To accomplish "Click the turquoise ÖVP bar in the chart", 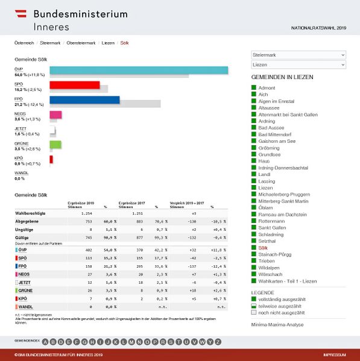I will pos(139,71).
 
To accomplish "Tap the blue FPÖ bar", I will pos(84,99).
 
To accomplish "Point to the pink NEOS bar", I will pos(55,115).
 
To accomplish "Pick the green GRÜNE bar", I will pos(55,144).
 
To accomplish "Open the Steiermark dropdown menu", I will pos(298,55).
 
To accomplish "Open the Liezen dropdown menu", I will pos(298,64).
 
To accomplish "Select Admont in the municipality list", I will pos(267,88).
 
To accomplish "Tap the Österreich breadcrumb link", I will pos(24,43).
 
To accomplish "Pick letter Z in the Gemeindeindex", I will pos(209,342).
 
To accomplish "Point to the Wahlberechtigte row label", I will pos(31,213).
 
